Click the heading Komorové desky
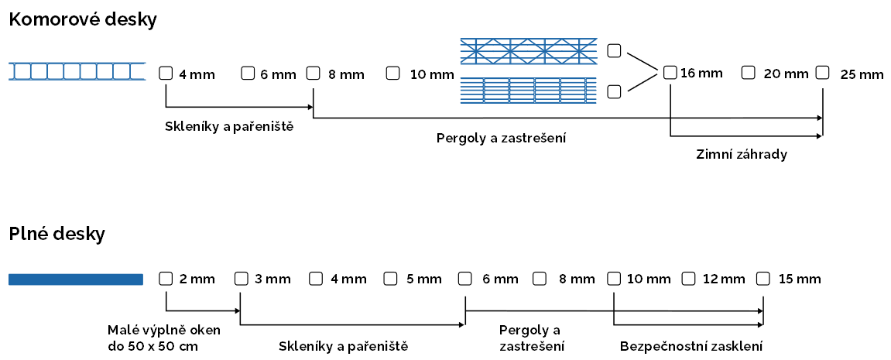[83, 20]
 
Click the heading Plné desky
[57, 233]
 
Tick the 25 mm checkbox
[822, 73]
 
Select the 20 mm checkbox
[748, 73]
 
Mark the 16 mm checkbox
[670, 73]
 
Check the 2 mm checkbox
[165, 278]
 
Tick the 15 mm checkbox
[763, 278]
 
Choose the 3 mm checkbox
[241, 278]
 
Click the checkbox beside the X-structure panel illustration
[614, 51]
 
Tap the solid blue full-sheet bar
[76, 279]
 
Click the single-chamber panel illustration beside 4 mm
[77, 71]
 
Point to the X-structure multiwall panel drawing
[529, 51]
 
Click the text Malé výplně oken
[164, 330]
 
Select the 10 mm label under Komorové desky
[431, 74]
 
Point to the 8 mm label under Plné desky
[577, 279]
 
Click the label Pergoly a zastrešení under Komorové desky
[502, 139]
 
